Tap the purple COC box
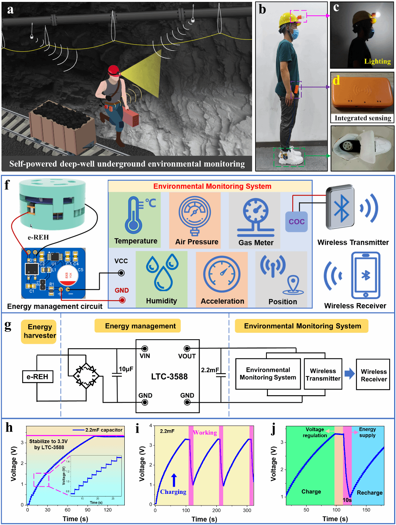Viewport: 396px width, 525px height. point(296,221)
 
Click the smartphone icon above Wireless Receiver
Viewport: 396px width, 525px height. point(365,275)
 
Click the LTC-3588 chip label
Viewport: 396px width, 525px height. point(169,376)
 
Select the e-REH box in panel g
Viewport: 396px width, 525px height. point(37,376)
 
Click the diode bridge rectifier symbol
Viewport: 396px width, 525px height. point(86,375)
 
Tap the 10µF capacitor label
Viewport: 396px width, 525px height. point(126,369)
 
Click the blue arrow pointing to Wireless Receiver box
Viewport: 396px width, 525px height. point(349,373)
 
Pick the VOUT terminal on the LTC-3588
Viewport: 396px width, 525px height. point(187,349)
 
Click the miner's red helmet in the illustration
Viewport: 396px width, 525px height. point(113,70)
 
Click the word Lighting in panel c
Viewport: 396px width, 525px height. point(377,61)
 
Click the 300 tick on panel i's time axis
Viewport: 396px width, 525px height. point(247,510)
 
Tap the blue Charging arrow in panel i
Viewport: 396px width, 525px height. point(174,480)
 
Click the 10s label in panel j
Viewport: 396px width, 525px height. point(347,500)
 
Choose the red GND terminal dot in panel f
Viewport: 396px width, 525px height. point(122,300)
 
